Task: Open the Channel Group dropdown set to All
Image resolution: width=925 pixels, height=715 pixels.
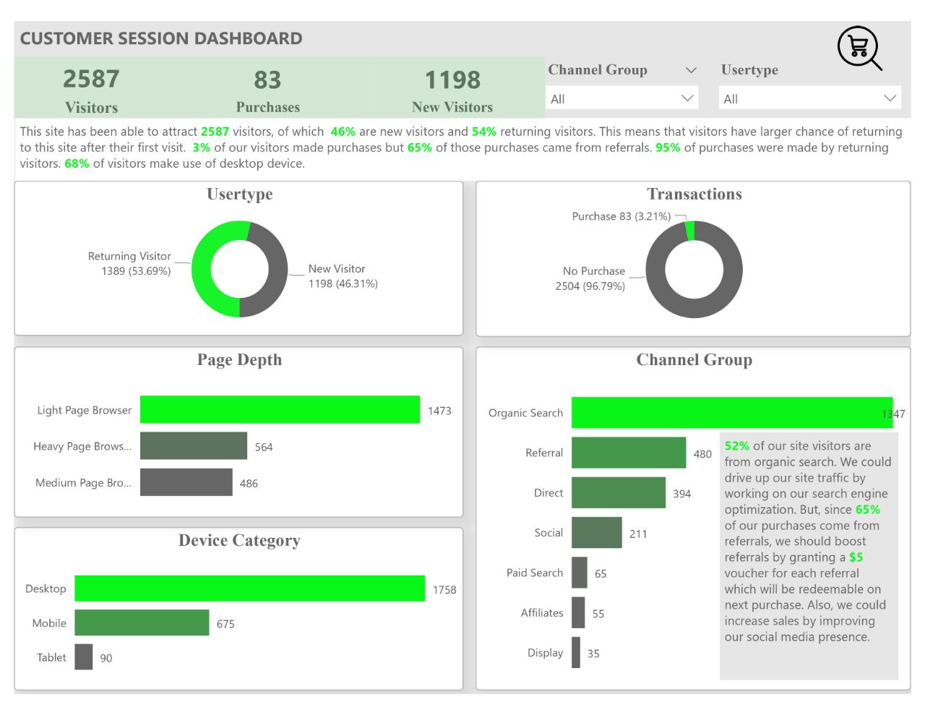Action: point(621,98)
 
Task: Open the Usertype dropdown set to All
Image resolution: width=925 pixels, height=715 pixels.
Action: point(809,98)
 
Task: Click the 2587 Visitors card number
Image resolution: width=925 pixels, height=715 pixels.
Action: point(91,79)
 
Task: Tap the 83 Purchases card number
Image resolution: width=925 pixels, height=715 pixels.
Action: point(267,80)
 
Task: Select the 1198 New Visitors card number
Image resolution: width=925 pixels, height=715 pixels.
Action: point(452,80)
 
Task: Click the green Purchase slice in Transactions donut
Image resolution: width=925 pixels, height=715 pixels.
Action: point(689,231)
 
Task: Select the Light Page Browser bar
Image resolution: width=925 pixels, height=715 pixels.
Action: point(280,409)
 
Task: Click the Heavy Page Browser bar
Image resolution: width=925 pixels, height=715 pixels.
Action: point(194,446)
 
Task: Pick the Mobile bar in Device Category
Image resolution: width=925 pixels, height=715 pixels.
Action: point(142,622)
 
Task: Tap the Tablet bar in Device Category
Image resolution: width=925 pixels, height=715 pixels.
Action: point(84,656)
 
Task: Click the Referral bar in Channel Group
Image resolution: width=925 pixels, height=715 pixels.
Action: point(628,453)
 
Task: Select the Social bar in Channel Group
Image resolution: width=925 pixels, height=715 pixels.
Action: point(596,533)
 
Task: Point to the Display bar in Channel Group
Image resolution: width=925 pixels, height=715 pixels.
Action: point(576,652)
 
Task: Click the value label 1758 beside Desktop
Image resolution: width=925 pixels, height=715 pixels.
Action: point(444,590)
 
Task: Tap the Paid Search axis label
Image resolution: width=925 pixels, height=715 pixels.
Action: point(534,573)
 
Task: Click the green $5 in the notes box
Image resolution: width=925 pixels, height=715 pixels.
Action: point(856,557)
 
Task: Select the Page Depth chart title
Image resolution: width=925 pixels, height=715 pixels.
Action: point(239,360)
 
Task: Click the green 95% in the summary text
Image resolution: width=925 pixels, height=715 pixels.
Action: point(668,147)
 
